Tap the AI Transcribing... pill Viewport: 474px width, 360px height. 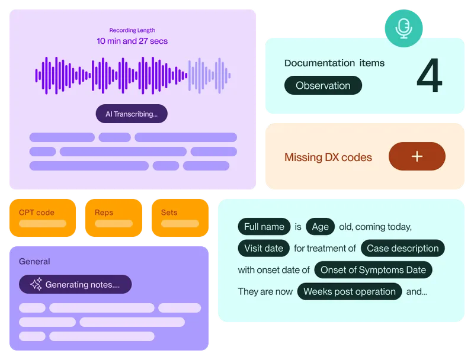[x=132, y=114]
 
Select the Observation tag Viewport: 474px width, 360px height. [x=323, y=85]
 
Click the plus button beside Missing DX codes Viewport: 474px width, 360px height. [x=417, y=156]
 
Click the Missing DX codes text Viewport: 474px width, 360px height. [x=328, y=157]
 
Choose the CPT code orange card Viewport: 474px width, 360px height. [x=43, y=217]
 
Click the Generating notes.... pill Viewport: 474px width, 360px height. [x=75, y=284]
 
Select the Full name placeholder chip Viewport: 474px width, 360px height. [x=264, y=226]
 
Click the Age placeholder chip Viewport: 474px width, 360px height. [x=321, y=226]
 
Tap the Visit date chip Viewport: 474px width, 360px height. [x=264, y=248]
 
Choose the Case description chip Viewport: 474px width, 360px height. [x=403, y=248]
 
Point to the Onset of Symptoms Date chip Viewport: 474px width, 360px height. [x=373, y=269]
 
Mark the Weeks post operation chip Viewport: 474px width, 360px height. [x=349, y=291]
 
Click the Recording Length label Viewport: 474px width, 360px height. [x=132, y=30]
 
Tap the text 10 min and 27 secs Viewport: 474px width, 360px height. [x=132, y=41]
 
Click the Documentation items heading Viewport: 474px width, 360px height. [x=334, y=63]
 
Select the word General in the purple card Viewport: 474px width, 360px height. [x=34, y=261]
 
